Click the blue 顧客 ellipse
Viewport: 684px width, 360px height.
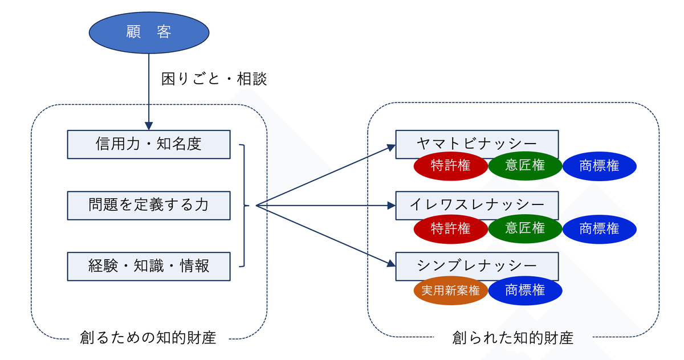[x=149, y=32]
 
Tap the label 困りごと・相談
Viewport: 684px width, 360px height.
[x=214, y=79]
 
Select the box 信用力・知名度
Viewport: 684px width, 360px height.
[x=149, y=144]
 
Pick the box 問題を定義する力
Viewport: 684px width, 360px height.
[x=149, y=205]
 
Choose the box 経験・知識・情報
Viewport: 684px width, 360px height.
[x=149, y=267]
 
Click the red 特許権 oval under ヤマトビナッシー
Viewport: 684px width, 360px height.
[x=451, y=166]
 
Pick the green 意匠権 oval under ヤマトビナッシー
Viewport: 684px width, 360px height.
[x=525, y=166]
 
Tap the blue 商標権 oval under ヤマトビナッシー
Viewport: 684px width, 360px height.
[x=600, y=166]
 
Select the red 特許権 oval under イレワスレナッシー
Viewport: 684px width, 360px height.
[x=451, y=229]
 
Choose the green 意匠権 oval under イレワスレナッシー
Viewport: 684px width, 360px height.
[x=525, y=228]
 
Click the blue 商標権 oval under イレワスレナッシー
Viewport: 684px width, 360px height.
[x=600, y=229]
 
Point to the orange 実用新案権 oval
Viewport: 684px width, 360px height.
[x=451, y=291]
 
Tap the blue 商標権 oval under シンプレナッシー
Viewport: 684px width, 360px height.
[x=525, y=291]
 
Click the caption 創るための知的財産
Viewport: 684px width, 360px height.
[x=148, y=337]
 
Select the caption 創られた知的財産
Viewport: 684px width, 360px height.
[x=512, y=337]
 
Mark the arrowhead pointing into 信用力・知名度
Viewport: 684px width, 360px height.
[x=149, y=126]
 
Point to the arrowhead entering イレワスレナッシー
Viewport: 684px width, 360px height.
[x=392, y=206]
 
